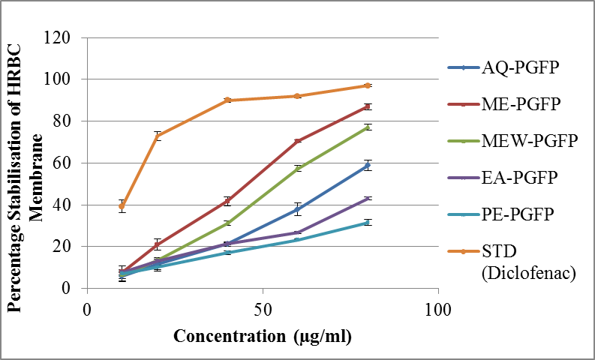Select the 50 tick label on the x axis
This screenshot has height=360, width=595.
pos(262,308)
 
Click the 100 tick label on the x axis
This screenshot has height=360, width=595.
pos(437,308)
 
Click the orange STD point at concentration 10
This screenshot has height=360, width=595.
pos(122,206)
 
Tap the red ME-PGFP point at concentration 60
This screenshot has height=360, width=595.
pos(297,141)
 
